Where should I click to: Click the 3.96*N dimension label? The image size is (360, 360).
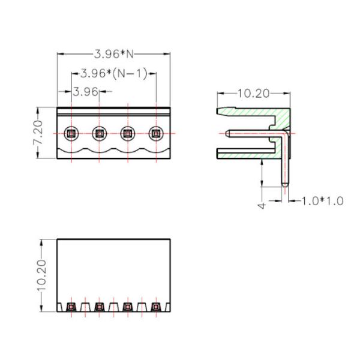coord(114,54)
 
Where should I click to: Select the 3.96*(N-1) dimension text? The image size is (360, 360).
coord(113,74)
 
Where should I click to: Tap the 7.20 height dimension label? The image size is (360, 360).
coord(38,133)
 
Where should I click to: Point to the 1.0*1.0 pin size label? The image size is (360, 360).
coord(322,201)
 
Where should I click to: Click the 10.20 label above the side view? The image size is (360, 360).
coord(253,94)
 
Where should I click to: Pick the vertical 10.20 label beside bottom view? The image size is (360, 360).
coord(41,275)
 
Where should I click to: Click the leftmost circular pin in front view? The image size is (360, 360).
coord(71,133)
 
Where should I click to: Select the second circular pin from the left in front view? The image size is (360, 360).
coord(100,133)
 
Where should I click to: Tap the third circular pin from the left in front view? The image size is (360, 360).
coord(128,133)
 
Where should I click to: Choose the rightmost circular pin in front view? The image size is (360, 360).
coord(156,133)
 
